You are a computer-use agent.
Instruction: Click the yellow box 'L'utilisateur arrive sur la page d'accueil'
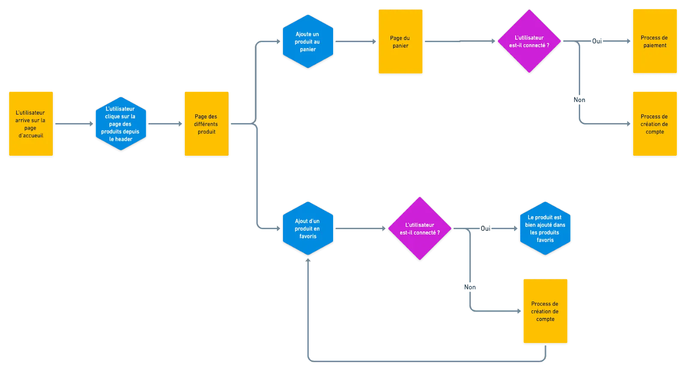[31, 124]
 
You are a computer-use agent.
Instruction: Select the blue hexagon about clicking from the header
[120, 124]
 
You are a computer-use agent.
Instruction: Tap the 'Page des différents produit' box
[206, 124]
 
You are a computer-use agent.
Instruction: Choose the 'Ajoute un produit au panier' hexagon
[307, 42]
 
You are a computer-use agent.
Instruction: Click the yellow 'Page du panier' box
[400, 42]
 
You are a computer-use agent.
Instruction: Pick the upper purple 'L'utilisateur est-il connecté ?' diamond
[529, 41]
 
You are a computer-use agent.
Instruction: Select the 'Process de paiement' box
[654, 41]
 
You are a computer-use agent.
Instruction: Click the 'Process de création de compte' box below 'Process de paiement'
[654, 124]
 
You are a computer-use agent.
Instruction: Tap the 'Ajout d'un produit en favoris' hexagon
[307, 228]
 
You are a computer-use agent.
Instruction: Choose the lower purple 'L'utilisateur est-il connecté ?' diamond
[419, 228]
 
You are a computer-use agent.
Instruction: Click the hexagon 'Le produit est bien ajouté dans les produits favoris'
[545, 228]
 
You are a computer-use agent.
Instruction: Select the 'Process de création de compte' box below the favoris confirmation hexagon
[545, 311]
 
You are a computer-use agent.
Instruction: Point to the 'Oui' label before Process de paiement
[597, 42]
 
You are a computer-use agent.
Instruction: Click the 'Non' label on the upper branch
[580, 100]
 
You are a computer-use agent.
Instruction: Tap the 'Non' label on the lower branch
[470, 287]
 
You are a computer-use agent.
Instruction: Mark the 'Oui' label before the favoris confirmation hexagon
[485, 228]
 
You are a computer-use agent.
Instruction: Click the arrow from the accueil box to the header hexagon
[74, 124]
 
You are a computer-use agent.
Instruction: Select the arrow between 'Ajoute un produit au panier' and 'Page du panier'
[356, 42]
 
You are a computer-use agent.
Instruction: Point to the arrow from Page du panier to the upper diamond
[460, 41]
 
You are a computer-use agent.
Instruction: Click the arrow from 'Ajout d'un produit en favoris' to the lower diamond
[360, 228]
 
